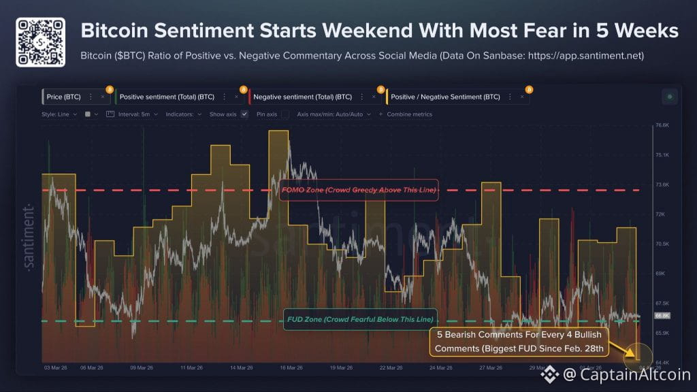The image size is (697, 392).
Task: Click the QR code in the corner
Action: pyautogui.click(x=40, y=42)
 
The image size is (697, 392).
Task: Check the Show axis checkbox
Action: pyautogui.click(x=245, y=114)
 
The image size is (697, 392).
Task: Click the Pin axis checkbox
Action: pyautogui.click(x=285, y=114)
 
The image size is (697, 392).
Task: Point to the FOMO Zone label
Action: pyautogui.click(x=358, y=190)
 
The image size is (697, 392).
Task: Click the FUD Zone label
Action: pyautogui.click(x=359, y=319)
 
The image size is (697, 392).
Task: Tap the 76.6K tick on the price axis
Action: pyautogui.click(x=662, y=125)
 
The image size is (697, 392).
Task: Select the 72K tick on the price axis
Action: pyautogui.click(x=660, y=214)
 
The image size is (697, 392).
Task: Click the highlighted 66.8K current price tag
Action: pyautogui.click(x=662, y=316)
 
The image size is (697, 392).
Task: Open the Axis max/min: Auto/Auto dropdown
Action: pyautogui.click(x=334, y=114)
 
